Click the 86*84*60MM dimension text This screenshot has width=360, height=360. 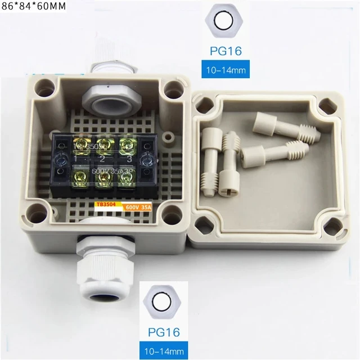click(34, 7)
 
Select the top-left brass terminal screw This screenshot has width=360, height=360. click(75, 145)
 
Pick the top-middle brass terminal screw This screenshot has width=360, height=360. click(103, 145)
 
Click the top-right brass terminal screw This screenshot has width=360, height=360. click(128, 145)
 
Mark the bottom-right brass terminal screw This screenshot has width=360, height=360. click(128, 179)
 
